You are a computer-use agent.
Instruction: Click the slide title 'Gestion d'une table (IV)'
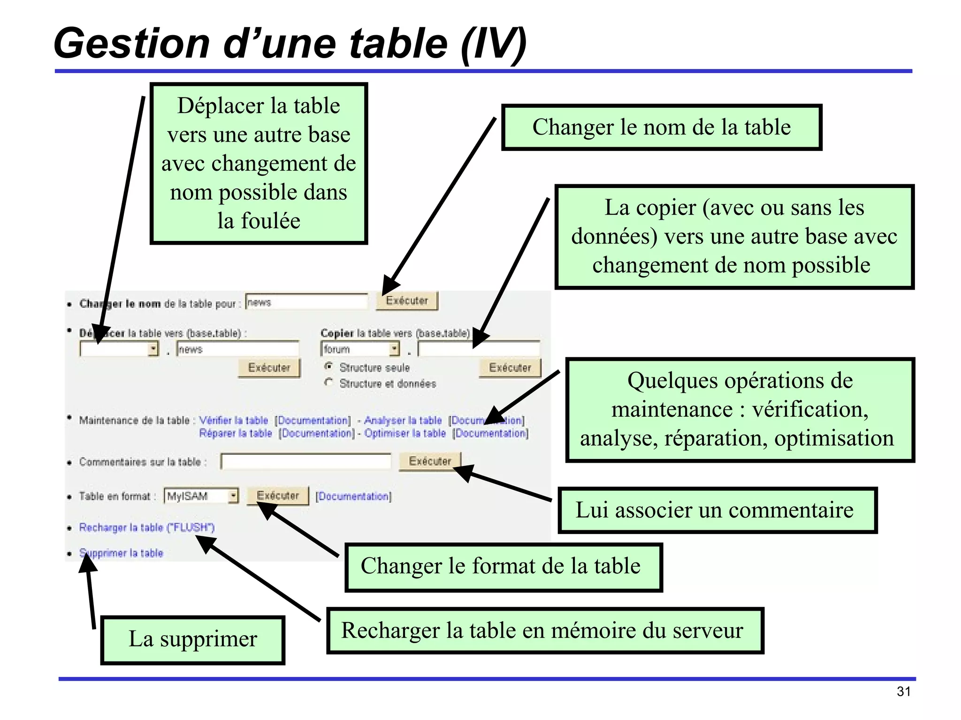(290, 43)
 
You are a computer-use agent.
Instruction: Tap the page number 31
(903, 691)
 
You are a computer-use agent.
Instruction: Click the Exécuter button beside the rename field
(407, 301)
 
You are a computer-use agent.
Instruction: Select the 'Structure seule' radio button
(329, 366)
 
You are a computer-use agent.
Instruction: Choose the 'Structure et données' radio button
(329, 382)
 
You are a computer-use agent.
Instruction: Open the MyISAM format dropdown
(201, 496)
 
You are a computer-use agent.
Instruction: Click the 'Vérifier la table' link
(233, 420)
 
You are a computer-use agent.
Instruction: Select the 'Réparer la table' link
(236, 434)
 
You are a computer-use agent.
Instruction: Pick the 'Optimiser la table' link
(405, 434)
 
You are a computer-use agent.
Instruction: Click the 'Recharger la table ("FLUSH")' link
(146, 528)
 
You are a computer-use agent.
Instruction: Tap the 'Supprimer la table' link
(121, 553)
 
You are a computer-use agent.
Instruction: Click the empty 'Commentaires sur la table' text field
(306, 462)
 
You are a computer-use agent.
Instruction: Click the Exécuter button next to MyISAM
(278, 496)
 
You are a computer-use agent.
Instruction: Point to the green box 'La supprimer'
(193, 639)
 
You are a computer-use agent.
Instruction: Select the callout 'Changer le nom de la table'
(661, 127)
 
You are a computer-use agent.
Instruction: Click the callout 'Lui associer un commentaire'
(717, 510)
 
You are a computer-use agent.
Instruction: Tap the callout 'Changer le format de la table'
(503, 567)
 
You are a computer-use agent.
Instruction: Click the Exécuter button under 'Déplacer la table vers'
(269, 368)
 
